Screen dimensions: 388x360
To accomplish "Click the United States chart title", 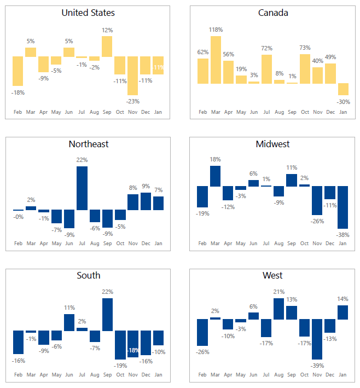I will tap(88, 13).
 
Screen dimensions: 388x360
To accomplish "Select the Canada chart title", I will tap(273, 13).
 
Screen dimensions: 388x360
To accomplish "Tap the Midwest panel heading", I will tap(272, 144).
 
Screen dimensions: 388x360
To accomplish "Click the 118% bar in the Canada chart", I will tap(216, 60).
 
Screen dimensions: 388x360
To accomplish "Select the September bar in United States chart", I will tap(107, 47).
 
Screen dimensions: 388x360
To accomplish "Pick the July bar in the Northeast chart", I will tap(82, 188).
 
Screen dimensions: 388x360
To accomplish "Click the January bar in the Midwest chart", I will tap(343, 207).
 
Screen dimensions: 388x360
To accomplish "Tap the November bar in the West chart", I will tap(317, 339).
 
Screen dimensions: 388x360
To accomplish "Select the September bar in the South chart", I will tap(107, 314).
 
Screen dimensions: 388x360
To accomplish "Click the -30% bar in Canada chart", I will tap(343, 89).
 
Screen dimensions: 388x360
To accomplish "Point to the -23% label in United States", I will tap(133, 101).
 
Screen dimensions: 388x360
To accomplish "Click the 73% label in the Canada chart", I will tap(305, 48).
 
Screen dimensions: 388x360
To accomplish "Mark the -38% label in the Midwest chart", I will tap(343, 235).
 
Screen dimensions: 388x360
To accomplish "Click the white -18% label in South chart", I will tap(133, 350).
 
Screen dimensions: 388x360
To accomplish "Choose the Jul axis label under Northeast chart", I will tap(82, 244).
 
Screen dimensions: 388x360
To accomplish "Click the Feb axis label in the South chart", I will tap(18, 375).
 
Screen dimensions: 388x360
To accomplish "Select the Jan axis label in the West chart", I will tap(343, 375).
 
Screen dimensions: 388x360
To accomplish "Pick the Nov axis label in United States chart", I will tap(133, 112).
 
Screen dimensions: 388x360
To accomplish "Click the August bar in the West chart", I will tap(279, 309).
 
